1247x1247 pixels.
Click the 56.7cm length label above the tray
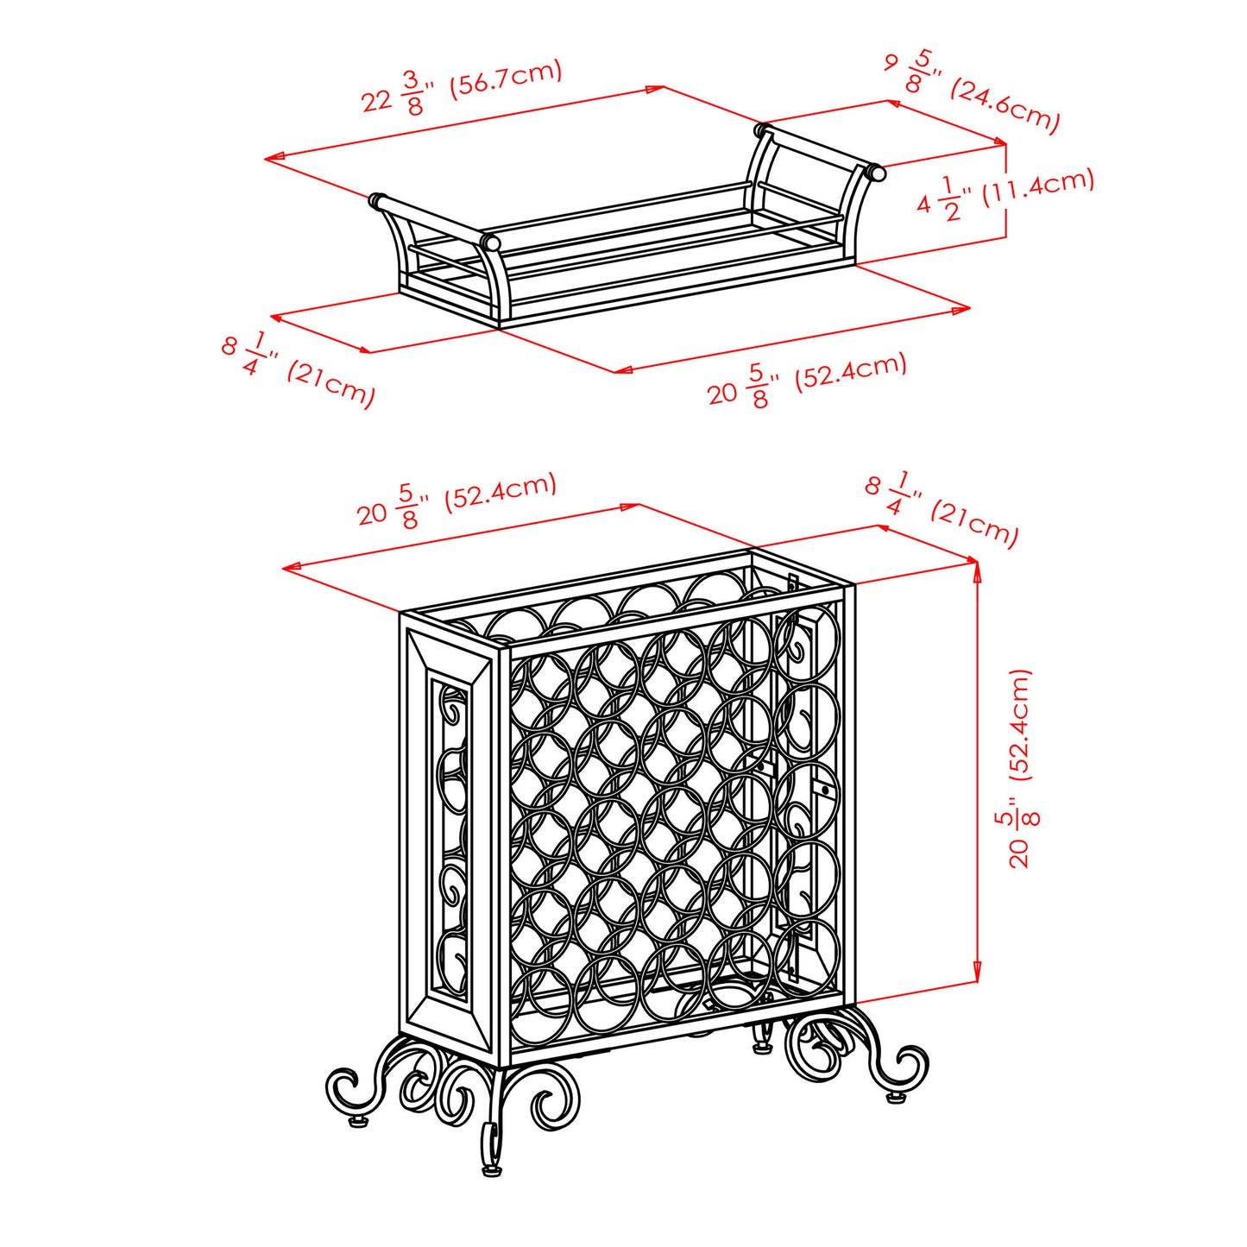[462, 87]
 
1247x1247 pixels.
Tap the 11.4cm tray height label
[1005, 193]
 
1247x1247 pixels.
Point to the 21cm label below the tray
[299, 369]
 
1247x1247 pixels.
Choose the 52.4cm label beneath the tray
[808, 380]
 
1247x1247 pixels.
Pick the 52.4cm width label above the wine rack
[457, 501]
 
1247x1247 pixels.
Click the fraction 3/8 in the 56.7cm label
[413, 93]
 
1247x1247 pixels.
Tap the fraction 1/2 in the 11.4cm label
[949, 199]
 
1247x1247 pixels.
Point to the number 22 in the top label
[377, 101]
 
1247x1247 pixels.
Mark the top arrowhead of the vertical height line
[977, 569]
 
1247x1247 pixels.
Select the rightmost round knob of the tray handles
[877, 173]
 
